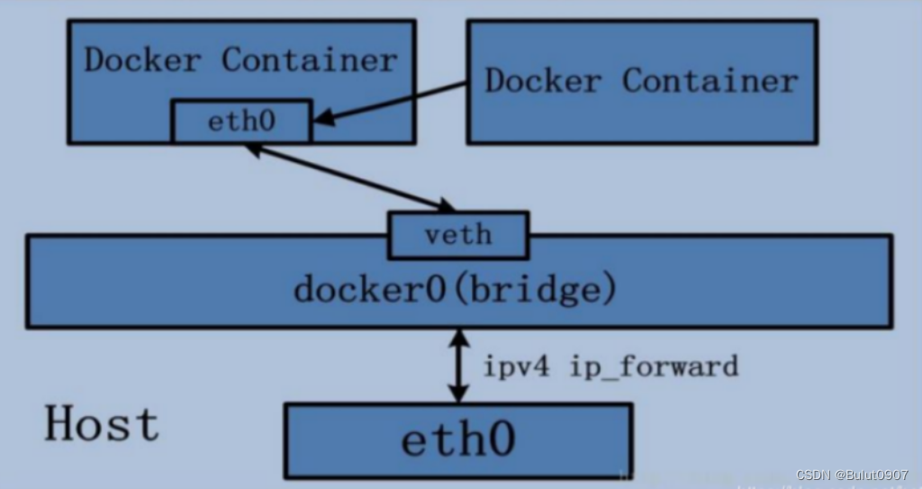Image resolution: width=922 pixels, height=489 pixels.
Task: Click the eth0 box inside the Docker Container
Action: point(241,122)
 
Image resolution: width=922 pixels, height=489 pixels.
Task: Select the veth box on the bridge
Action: point(457,235)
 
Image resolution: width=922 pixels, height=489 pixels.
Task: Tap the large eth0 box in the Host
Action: point(457,440)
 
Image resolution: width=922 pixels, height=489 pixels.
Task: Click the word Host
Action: point(102,423)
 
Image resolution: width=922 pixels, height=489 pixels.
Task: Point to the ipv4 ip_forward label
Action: point(611,366)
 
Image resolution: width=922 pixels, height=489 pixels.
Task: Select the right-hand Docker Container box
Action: point(641,81)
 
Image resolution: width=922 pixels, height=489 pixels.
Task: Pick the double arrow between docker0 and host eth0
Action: point(459,365)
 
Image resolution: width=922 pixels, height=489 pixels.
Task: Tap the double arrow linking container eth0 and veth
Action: point(349,177)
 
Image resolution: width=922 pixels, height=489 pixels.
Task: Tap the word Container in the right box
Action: point(710,80)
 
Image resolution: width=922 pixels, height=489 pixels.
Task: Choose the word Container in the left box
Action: point(309,60)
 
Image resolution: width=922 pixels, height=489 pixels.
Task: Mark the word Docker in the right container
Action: point(543,80)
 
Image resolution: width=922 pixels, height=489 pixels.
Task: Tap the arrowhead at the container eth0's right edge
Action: point(321,118)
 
